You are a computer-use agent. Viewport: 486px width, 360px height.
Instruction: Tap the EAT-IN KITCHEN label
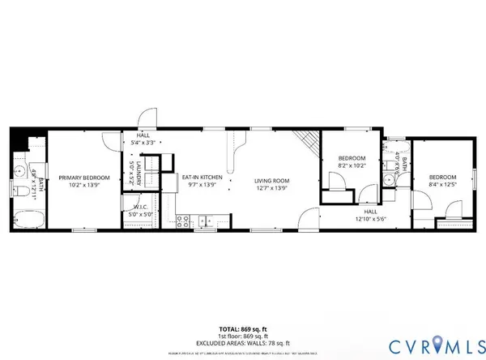tap(202, 177)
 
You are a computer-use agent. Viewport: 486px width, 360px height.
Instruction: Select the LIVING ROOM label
tap(272, 181)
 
